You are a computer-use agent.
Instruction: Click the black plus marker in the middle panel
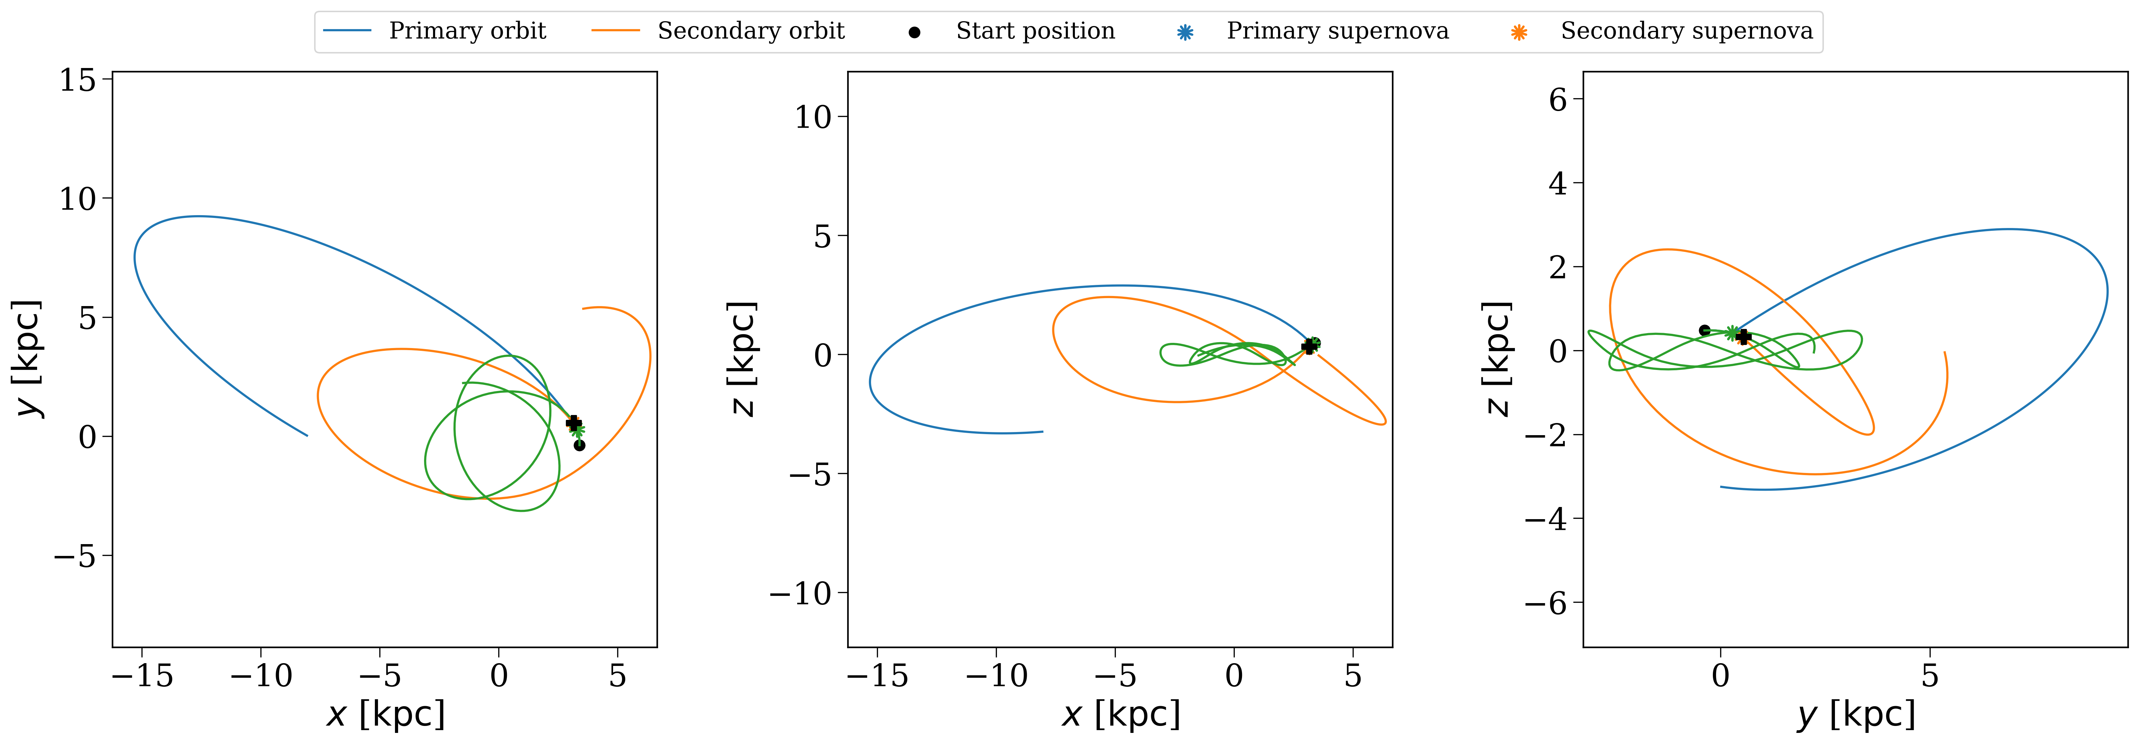1309,346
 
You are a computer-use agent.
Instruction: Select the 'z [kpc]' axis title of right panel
1497,359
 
